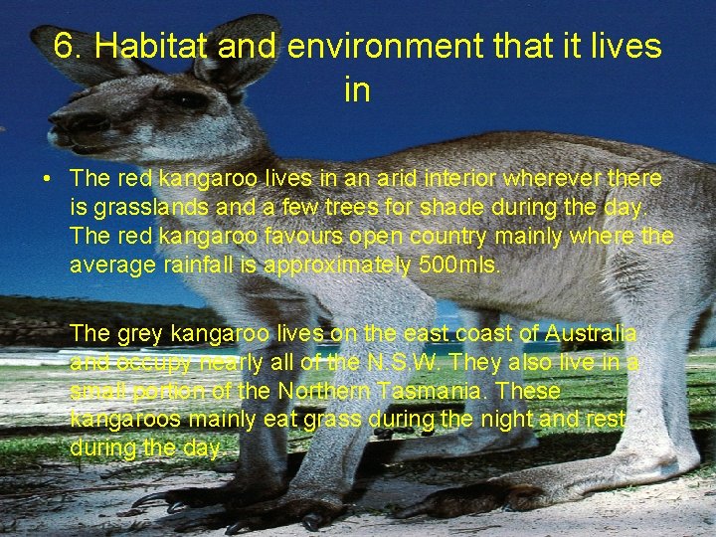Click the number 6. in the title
point(69,46)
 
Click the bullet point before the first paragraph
point(47,180)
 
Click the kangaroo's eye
point(190,99)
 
